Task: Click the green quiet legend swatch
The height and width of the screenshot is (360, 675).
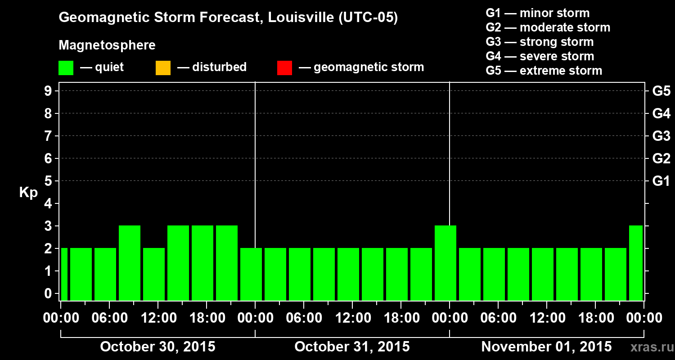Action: (66, 67)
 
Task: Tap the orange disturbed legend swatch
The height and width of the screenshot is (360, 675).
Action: (163, 67)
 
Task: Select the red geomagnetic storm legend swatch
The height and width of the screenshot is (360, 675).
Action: (285, 67)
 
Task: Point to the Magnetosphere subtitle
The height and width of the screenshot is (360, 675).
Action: (107, 45)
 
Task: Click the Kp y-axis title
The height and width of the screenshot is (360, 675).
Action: (28, 193)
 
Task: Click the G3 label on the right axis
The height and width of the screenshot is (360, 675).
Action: (661, 136)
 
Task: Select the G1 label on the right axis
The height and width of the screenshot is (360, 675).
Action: (661, 181)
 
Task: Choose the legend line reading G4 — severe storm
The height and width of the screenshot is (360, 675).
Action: (540, 56)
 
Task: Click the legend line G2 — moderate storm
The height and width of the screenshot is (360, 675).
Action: (548, 27)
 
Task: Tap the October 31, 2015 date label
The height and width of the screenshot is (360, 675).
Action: (352, 346)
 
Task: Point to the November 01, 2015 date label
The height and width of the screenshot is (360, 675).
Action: (546, 346)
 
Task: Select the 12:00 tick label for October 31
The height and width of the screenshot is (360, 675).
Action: (352, 318)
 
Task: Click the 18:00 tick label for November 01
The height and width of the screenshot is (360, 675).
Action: (595, 318)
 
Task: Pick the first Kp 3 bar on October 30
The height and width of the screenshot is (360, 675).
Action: (130, 263)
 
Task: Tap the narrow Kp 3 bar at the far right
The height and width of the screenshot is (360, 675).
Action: (636, 263)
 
